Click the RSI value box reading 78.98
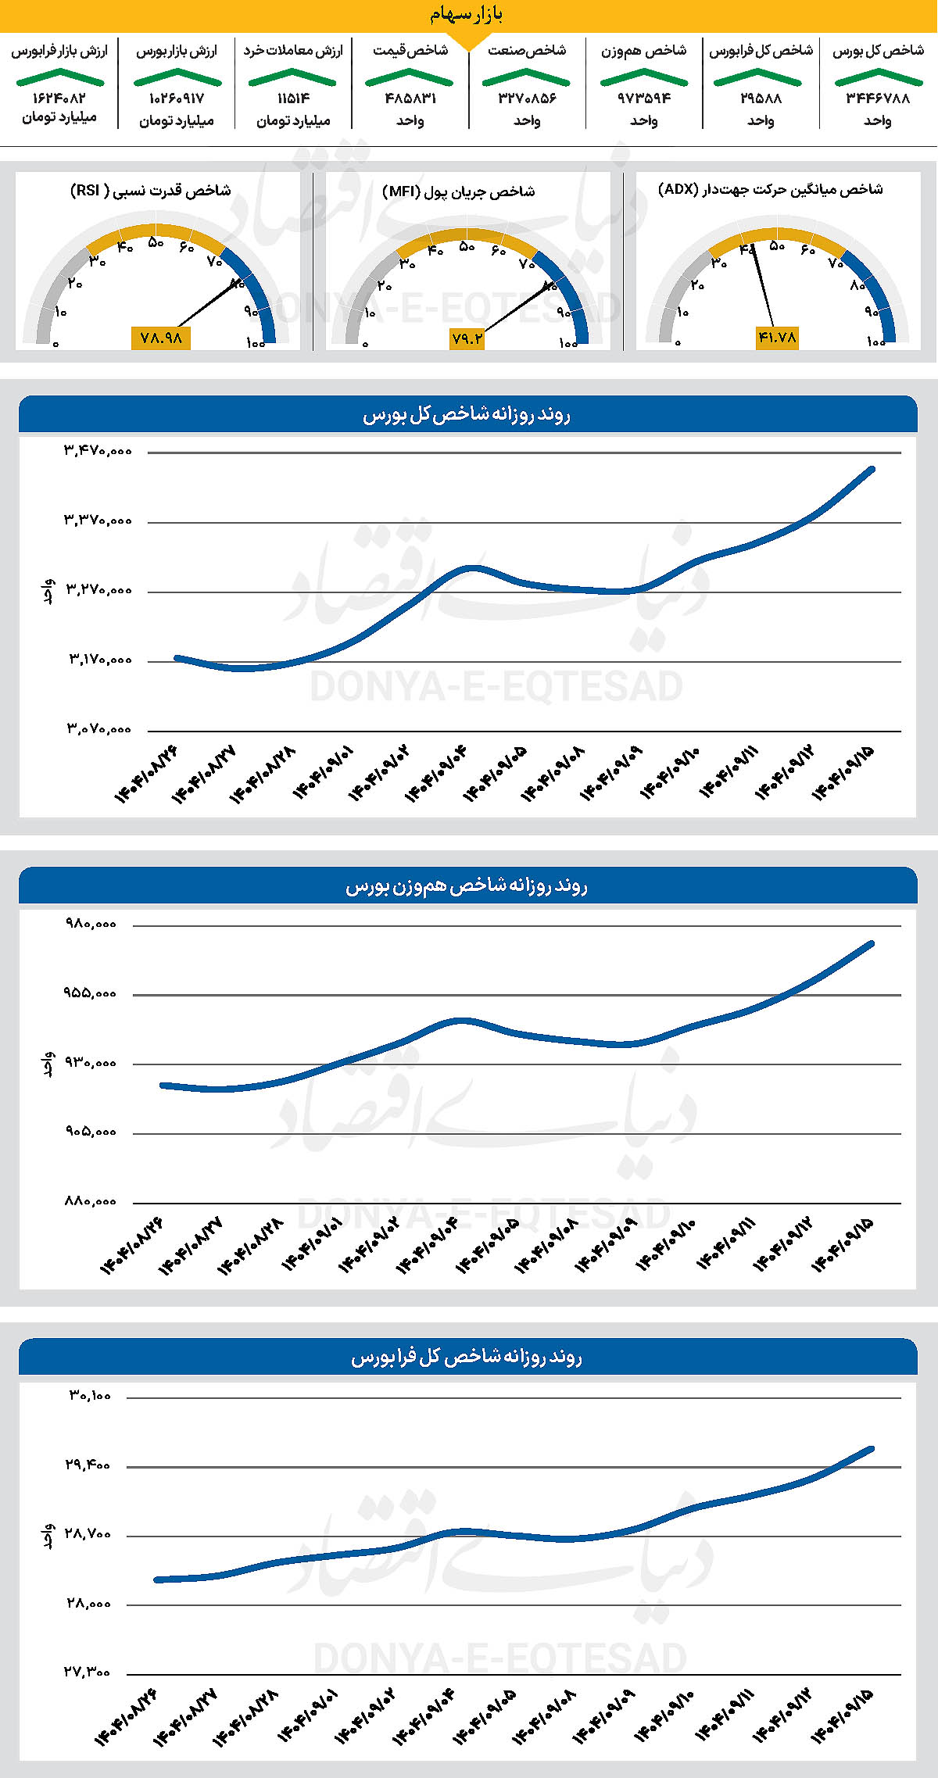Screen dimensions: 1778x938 (x=161, y=338)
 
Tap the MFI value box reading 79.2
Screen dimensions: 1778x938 (x=467, y=338)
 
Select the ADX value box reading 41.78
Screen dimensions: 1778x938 (x=777, y=338)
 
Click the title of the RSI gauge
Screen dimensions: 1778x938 (x=151, y=191)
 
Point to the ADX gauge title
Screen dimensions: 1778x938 (x=771, y=190)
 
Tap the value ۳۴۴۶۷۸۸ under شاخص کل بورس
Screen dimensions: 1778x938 (x=878, y=98)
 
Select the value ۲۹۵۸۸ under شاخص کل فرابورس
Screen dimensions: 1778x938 (x=761, y=98)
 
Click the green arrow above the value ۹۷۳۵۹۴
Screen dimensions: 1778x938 (x=643, y=77)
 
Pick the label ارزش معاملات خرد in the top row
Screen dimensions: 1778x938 (x=293, y=51)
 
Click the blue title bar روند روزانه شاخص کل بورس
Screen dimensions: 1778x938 (x=467, y=415)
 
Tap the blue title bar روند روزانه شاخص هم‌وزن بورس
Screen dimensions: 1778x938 (x=467, y=886)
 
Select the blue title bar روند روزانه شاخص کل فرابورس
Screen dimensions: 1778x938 (x=467, y=1358)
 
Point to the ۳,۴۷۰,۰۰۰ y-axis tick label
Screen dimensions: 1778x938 (x=98, y=451)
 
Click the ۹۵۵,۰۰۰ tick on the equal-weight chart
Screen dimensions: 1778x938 (x=91, y=993)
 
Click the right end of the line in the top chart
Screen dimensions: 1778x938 (x=872, y=469)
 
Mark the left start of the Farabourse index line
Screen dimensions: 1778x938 (x=157, y=1579)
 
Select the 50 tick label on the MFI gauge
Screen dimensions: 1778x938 (x=467, y=247)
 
